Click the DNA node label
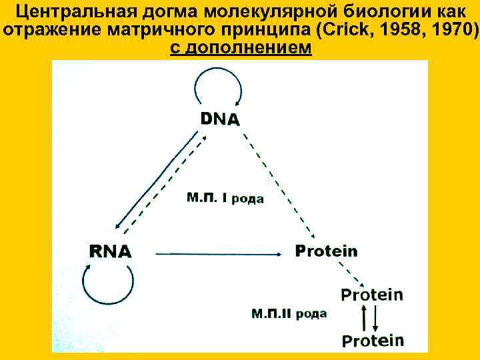pos(220,119)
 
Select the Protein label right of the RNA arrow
pos(326,251)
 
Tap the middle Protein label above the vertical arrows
pos(372,294)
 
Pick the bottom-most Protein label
pos(373,340)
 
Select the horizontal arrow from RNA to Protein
pos(217,253)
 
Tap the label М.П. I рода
pos(225,198)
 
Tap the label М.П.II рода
pos(289,313)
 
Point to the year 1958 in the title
pos(400,31)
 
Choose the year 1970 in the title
pos(449,31)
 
